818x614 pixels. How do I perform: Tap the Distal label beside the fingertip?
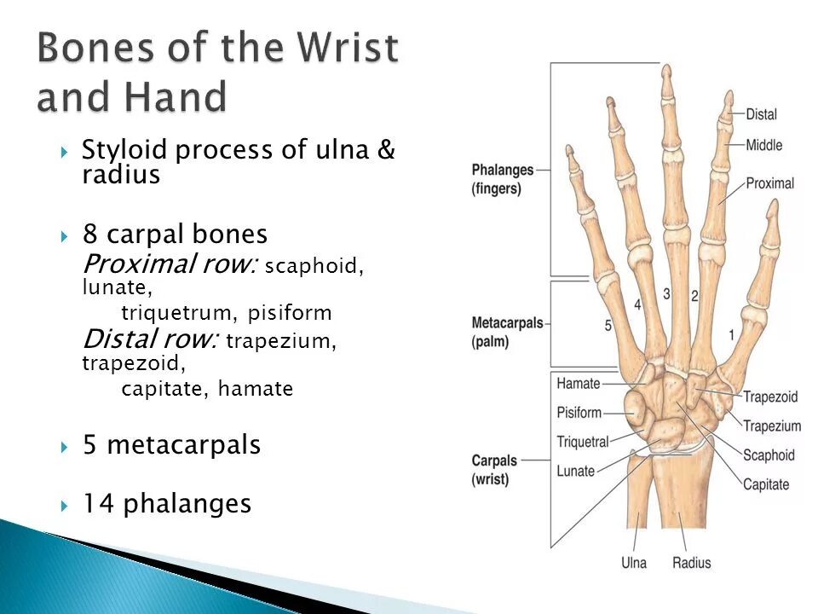coord(761,114)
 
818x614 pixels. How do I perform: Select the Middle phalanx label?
coord(763,145)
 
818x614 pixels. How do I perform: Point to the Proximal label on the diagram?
coord(769,183)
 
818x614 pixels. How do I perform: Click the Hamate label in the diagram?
coord(579,384)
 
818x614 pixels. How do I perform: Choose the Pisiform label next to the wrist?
coord(579,413)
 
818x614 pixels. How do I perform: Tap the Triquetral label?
coord(583,442)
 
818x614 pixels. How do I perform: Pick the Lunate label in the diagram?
coord(575,471)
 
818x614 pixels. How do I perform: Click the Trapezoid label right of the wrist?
coord(770,397)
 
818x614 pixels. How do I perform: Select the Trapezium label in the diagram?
coord(772,426)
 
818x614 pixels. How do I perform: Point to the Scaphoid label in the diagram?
coord(769,455)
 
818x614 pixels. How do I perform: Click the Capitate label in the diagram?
coord(766,484)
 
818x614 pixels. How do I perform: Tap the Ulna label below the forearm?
coord(633,563)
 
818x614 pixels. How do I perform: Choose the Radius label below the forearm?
coord(692,563)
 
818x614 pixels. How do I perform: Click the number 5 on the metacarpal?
coord(608,325)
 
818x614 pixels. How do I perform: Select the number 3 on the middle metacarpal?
coord(666,294)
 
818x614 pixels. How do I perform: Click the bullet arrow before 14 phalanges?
coord(65,506)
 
